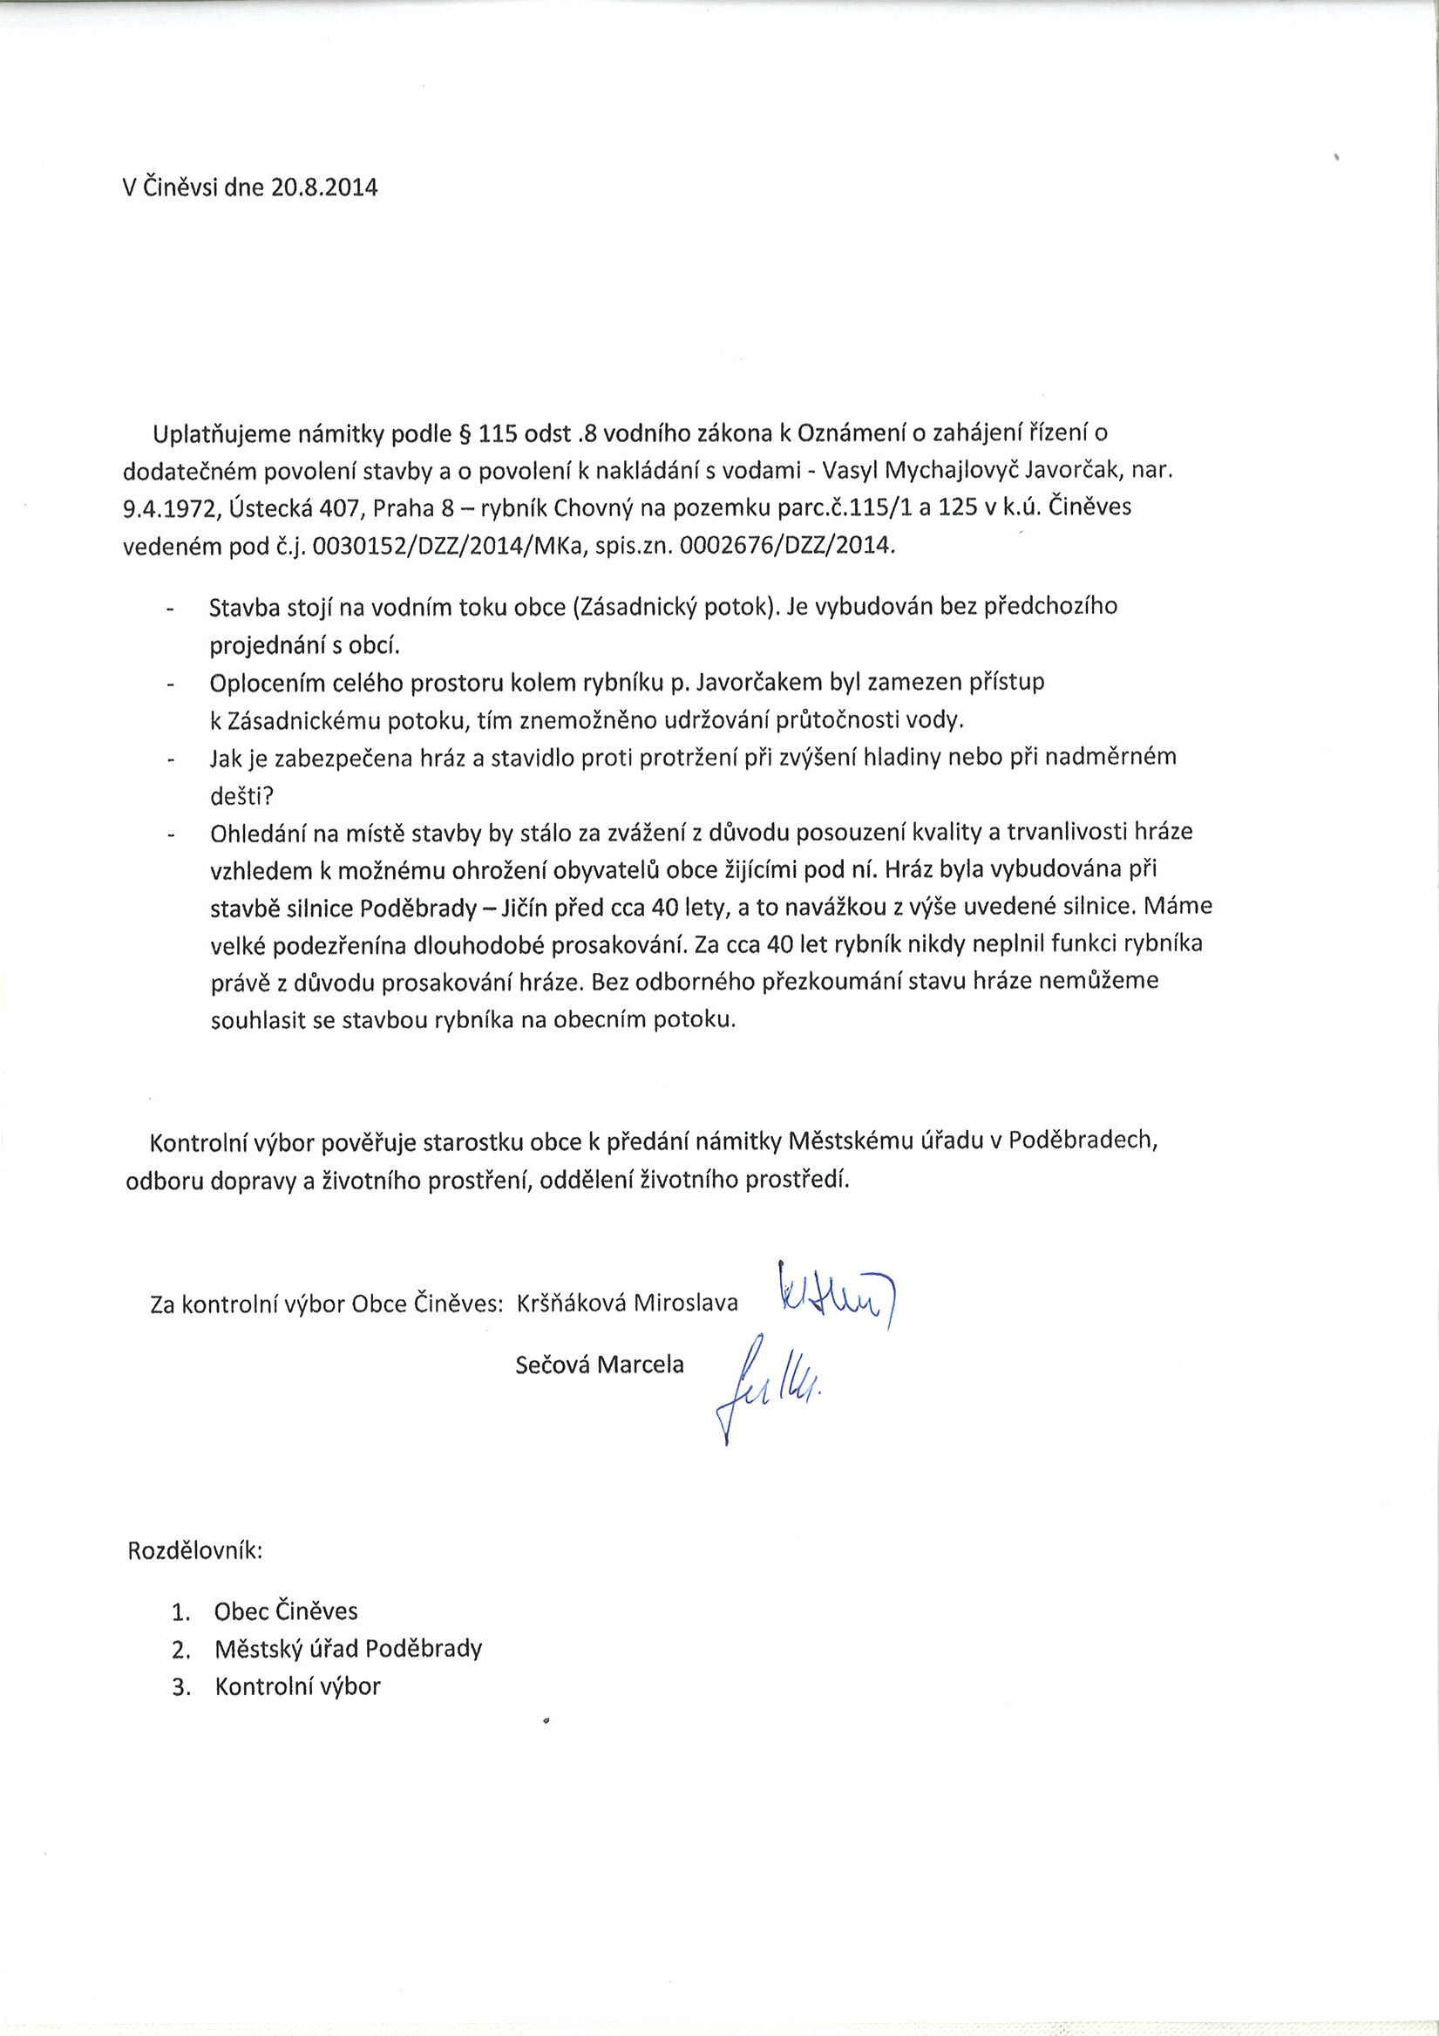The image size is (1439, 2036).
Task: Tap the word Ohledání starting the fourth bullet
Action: pyautogui.click(x=255, y=834)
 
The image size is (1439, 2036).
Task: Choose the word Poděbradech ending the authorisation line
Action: pyautogui.click(x=1083, y=1141)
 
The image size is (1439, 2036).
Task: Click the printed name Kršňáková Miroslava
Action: pyautogui.click(x=627, y=1303)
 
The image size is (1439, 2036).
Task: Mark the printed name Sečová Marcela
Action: pyautogui.click(x=600, y=1365)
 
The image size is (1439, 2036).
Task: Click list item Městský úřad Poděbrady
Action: pyautogui.click(x=348, y=1649)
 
